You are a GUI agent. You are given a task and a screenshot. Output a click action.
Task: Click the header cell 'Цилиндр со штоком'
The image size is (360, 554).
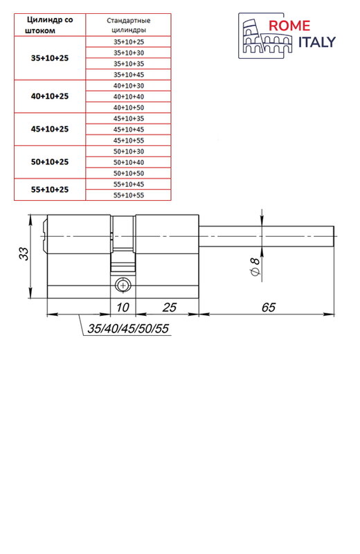pos(50,25)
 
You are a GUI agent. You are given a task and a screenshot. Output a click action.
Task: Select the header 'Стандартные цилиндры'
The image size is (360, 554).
pos(129,25)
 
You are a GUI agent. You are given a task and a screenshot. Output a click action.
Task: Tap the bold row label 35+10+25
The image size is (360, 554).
pos(50,58)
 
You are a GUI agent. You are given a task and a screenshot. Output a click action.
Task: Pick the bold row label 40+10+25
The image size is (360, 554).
pos(50,96)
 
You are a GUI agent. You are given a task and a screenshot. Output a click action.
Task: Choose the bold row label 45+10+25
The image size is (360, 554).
pos(50,129)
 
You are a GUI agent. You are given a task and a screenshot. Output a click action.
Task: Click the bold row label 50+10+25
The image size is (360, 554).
pos(50,162)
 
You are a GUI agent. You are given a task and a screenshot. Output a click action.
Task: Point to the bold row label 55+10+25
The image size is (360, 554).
pos(50,189)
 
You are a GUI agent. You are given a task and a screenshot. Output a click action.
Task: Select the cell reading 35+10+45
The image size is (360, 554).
pos(129,75)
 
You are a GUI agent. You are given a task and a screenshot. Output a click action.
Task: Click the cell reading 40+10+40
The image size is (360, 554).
pos(129,96)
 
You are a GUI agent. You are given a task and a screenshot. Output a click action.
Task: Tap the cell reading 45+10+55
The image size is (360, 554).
pos(129,141)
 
